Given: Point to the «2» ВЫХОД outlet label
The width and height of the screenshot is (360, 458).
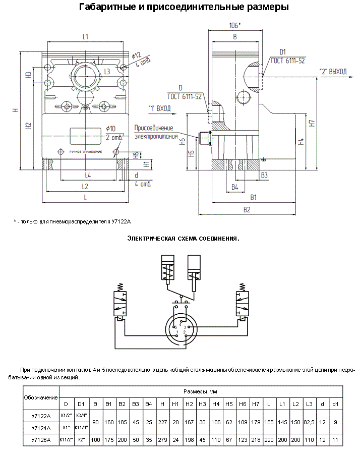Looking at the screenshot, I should click(x=333, y=71).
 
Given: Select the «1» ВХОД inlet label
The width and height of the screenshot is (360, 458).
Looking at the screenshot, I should click(x=159, y=108).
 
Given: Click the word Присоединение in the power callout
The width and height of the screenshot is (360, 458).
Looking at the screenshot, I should click(x=154, y=128).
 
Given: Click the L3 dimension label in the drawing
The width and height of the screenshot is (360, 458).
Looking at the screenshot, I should click(x=107, y=71).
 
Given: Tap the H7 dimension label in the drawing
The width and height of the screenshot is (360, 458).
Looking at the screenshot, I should click(x=312, y=123).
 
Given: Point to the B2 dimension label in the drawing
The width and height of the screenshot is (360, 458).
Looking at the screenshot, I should click(x=247, y=209).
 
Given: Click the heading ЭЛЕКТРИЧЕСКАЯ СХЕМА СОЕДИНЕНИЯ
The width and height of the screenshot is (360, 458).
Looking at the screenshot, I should click(x=183, y=238).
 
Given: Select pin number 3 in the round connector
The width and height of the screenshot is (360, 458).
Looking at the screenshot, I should click(x=185, y=327).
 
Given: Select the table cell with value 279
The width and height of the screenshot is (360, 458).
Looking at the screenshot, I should click(x=162, y=440).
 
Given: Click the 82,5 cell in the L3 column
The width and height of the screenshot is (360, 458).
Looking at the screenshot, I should click(x=309, y=422).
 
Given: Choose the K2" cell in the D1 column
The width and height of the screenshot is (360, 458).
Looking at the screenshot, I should click(x=81, y=440).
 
